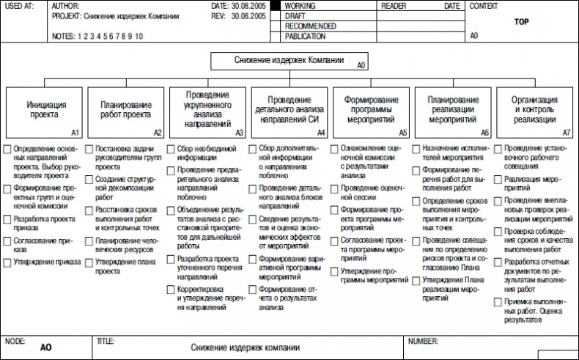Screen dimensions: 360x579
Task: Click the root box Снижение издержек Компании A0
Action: [x=289, y=61]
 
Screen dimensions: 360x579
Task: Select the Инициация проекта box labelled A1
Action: [x=43, y=113]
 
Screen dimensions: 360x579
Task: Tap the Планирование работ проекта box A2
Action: [x=125, y=113]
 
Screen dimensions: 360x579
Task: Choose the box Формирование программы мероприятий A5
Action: [x=372, y=113]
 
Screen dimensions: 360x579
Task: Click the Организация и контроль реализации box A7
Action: [x=535, y=113]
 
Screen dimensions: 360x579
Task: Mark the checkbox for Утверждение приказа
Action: [x=7, y=261]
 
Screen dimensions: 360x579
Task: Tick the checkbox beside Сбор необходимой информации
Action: [x=171, y=149]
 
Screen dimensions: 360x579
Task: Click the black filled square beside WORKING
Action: [x=276, y=5]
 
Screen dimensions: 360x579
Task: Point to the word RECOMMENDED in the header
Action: [x=310, y=26]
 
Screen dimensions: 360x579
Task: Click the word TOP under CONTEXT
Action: [x=521, y=22]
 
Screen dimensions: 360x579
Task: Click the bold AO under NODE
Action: [x=46, y=350]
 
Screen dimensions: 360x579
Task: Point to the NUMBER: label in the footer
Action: [x=423, y=342]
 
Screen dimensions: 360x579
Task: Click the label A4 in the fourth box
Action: [x=320, y=133]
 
